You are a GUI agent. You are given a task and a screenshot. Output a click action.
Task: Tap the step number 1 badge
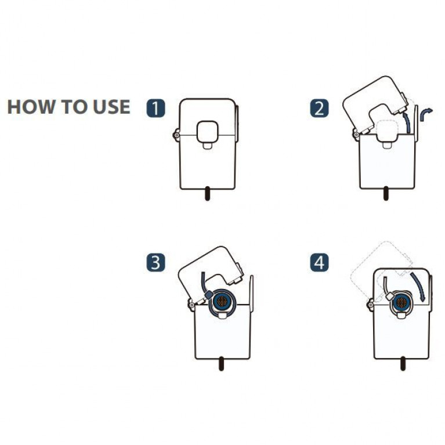pyautogui.click(x=155, y=108)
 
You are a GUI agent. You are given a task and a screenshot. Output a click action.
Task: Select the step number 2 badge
pyautogui.click(x=319, y=108)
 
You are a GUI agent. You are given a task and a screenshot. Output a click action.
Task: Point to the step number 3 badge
pyautogui.click(x=155, y=262)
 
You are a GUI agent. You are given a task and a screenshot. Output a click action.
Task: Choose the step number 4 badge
pyautogui.click(x=319, y=262)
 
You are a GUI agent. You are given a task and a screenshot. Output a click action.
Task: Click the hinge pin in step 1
pyautogui.click(x=176, y=135)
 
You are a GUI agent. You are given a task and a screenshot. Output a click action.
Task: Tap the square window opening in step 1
pyautogui.click(x=208, y=131)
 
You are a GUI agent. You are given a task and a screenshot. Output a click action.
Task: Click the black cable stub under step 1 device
pyautogui.click(x=208, y=193)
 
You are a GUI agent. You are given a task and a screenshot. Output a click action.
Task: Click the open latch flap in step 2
pyautogui.click(x=417, y=123)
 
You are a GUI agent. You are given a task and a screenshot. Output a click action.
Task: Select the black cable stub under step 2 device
pyautogui.click(x=386, y=193)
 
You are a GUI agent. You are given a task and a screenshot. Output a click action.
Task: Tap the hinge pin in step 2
pyautogui.click(x=356, y=135)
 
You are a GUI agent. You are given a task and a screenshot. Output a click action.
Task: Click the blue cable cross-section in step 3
pyautogui.click(x=222, y=301)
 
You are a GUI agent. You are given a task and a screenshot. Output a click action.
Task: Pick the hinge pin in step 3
pyautogui.click(x=191, y=305)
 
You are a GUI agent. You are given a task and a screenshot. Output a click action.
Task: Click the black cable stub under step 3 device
pyautogui.click(x=222, y=363)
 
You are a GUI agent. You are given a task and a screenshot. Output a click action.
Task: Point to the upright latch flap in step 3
pyautogui.click(x=251, y=293)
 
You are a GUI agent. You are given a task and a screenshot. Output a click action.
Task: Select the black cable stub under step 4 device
pyautogui.click(x=403, y=363)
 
